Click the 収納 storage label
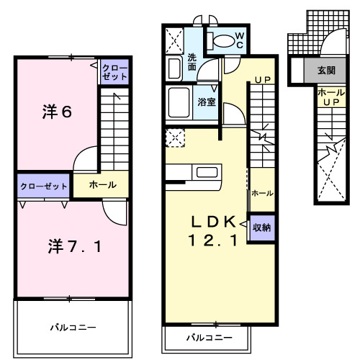point(262,228)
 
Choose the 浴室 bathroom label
point(207,102)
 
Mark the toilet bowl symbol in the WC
point(223,40)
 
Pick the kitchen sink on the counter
point(207,173)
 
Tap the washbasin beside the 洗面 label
point(174,68)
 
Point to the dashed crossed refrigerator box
point(176,137)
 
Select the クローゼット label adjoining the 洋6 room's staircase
point(115,73)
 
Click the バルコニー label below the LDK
point(210,337)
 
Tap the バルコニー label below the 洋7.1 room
point(73,328)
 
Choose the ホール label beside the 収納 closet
point(261,193)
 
